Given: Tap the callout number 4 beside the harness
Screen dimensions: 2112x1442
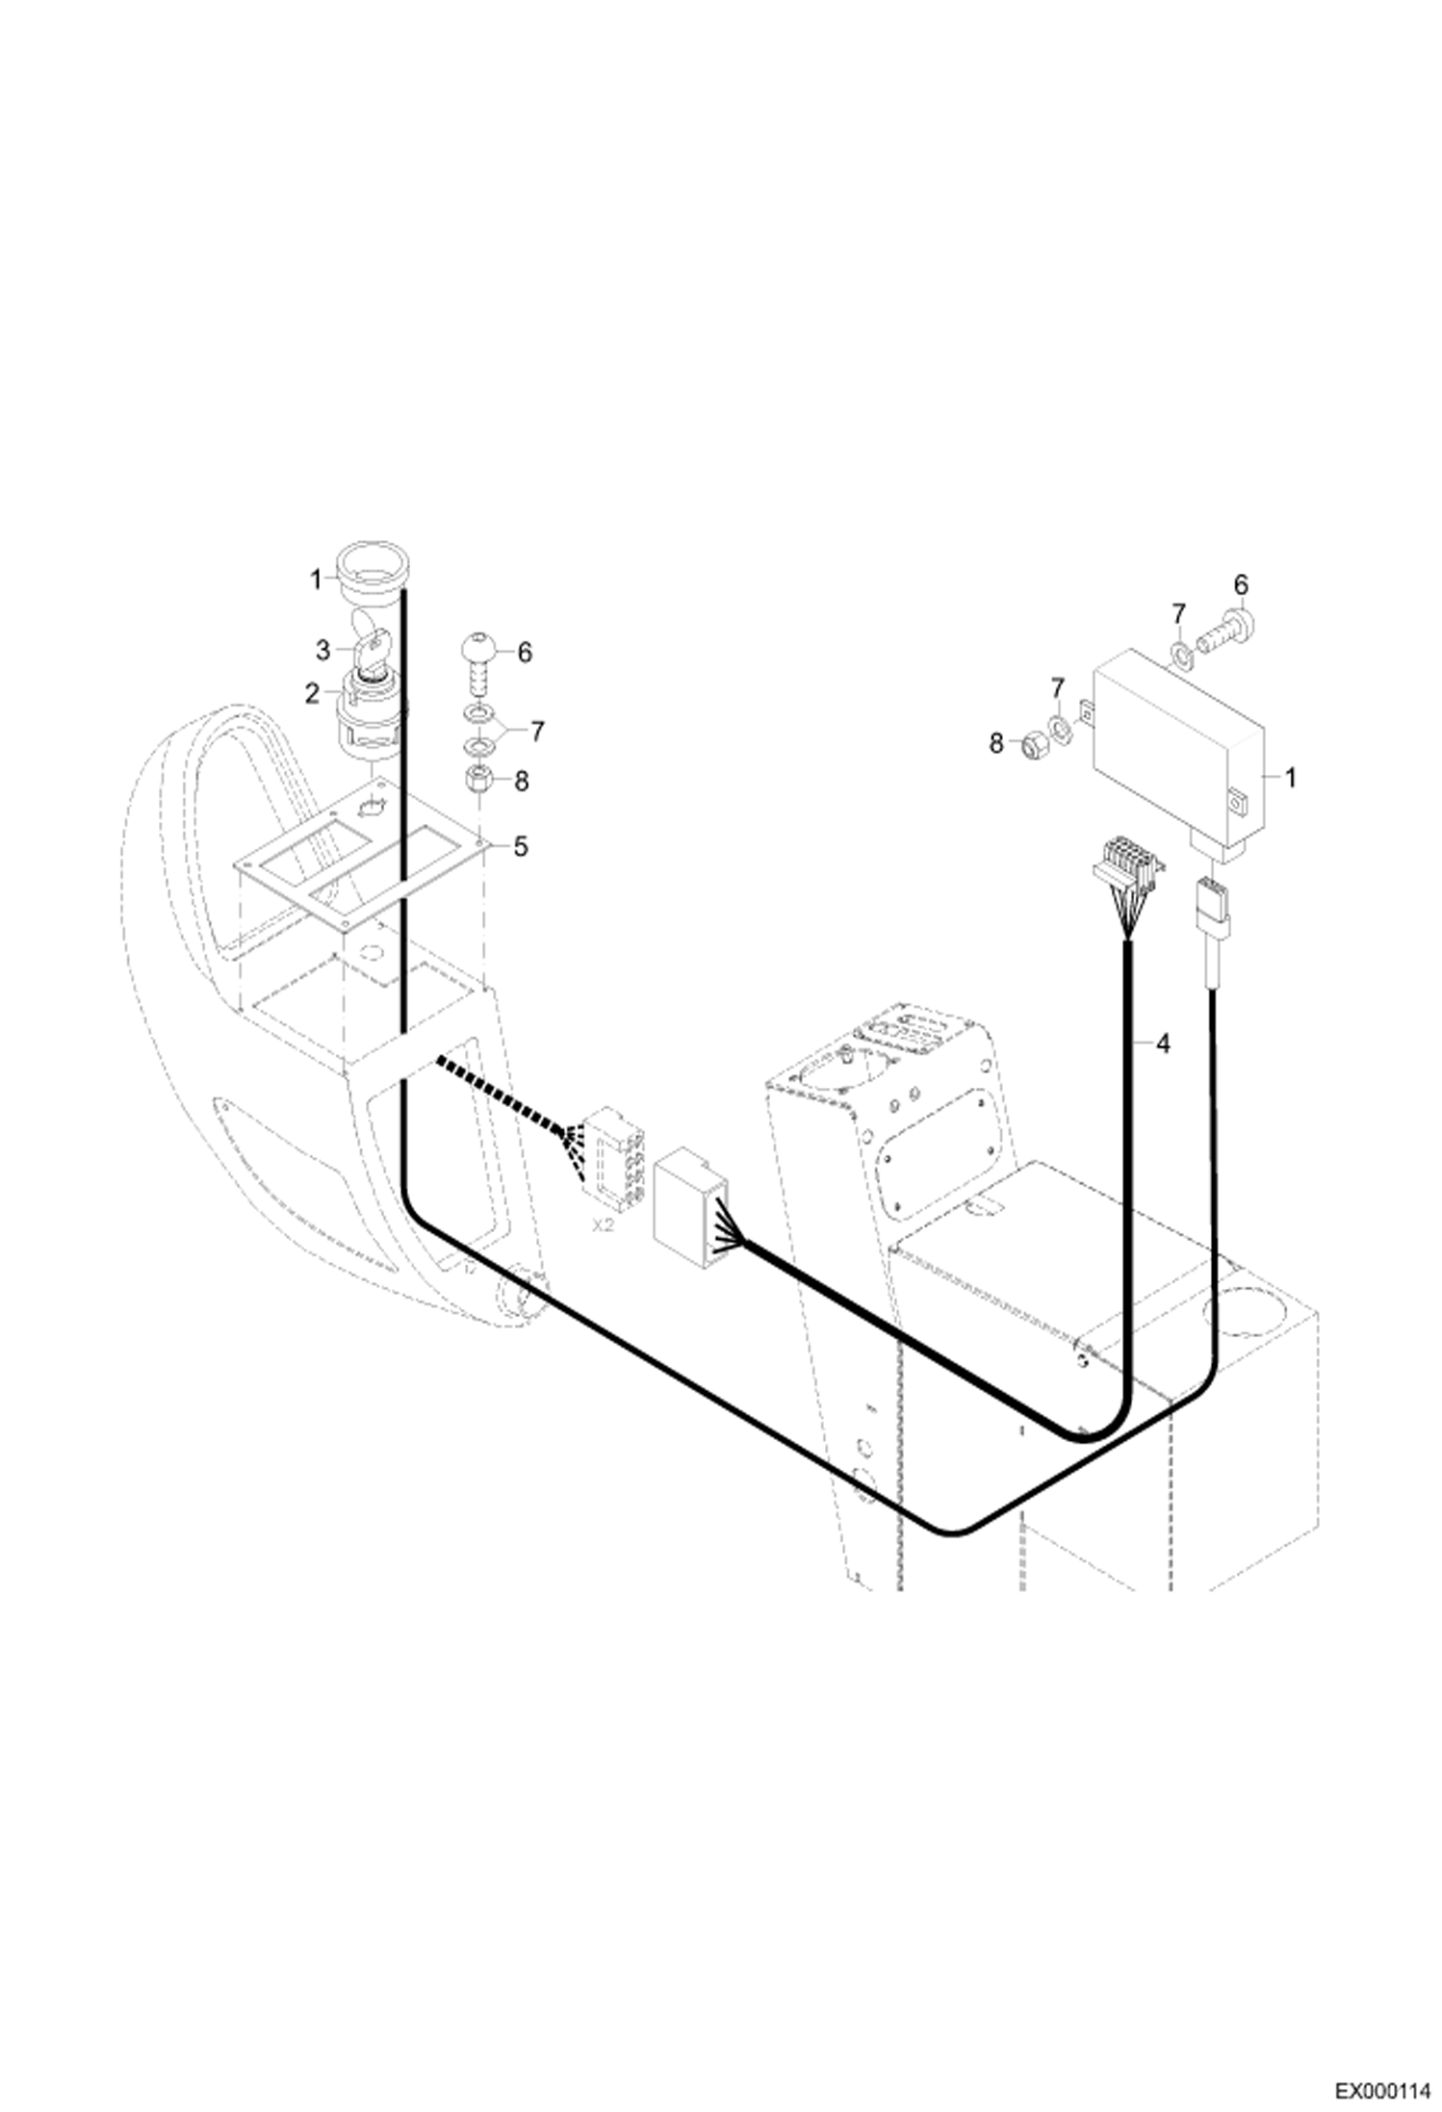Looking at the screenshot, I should coord(1163,1043).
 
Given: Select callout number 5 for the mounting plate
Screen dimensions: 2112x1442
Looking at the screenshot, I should coord(521,847).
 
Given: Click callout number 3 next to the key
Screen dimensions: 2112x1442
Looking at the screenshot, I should coord(323,651).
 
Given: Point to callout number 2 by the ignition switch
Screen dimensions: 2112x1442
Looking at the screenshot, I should coord(312,693).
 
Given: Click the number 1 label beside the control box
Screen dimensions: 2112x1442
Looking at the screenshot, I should coord(1290,777).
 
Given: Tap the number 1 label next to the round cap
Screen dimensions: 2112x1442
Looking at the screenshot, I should coord(314,580).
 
